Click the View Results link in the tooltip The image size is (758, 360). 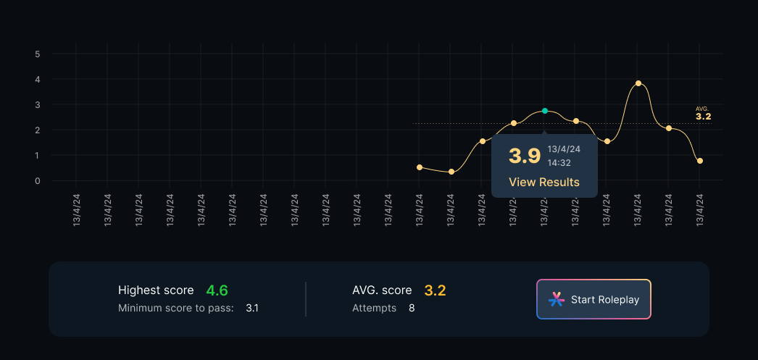(544, 182)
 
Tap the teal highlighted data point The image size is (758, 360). (545, 111)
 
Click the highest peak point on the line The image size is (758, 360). (638, 83)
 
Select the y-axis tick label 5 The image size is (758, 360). (37, 54)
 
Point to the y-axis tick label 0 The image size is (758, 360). (37, 181)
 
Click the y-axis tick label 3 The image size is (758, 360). (37, 105)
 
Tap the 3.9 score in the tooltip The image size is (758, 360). (525, 156)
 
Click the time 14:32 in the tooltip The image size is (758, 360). (559, 164)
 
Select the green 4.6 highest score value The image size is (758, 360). (217, 290)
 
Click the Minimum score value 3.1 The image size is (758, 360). (252, 308)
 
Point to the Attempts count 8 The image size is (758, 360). (412, 308)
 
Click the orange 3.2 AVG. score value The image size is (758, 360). (435, 290)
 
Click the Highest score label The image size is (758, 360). (156, 290)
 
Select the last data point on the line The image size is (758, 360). (700, 161)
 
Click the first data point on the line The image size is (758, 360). (420, 167)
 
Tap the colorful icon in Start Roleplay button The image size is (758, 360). (556, 299)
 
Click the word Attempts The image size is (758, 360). (374, 308)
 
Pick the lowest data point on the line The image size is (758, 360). (451, 172)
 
